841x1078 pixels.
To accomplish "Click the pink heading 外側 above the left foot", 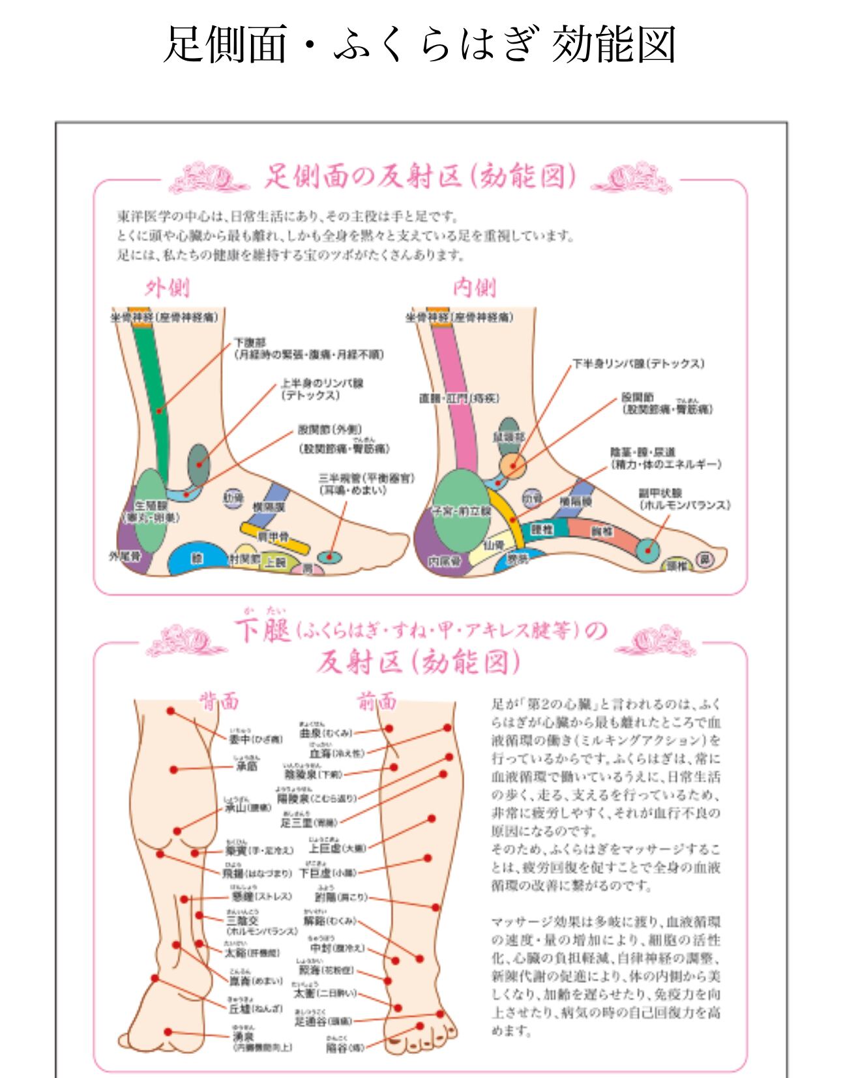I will (167, 287).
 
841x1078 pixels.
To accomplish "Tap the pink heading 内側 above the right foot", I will (475, 287).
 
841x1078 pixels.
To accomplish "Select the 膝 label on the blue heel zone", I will (197, 559).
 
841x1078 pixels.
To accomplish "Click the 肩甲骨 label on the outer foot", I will (273, 536).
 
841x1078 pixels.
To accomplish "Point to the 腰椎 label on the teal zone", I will (542, 530).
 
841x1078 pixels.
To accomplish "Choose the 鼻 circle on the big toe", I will (703, 559).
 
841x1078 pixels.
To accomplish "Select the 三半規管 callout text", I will (366, 478).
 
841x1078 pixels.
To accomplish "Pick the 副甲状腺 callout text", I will (660, 493).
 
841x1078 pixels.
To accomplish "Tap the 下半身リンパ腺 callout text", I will (638, 364).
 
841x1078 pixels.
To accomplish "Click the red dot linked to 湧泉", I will (168, 1032).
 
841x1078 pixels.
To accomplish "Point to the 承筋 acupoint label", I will (246, 767).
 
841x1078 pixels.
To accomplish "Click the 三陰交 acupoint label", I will (243, 920).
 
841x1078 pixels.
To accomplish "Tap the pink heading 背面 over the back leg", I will (218, 702).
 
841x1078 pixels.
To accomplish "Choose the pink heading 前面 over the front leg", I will (376, 702).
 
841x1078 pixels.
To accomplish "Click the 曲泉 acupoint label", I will (310, 733).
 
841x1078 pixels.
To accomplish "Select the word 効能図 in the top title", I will (613, 44).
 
